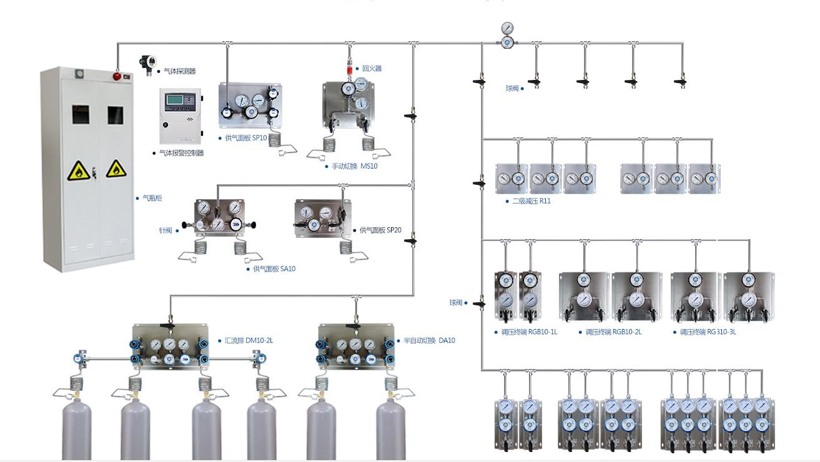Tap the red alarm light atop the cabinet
pos(116,76)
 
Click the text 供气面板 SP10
pos(245,138)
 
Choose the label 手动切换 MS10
pos(355,166)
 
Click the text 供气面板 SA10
pos(274,268)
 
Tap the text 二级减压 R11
pos(531,201)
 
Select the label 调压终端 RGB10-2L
pos(613,332)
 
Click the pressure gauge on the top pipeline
pos(508,29)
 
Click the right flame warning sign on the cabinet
pos(116,169)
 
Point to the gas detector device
pos(149,64)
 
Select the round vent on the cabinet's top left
pos(79,74)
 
